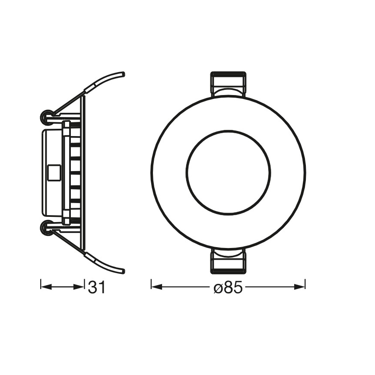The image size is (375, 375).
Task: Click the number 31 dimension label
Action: coord(97,287)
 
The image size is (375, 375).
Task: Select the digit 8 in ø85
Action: coord(228,287)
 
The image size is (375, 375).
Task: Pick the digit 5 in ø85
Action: coord(237,287)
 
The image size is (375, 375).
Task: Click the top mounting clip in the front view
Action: coord(228,84)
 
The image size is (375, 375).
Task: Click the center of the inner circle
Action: coord(228,172)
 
